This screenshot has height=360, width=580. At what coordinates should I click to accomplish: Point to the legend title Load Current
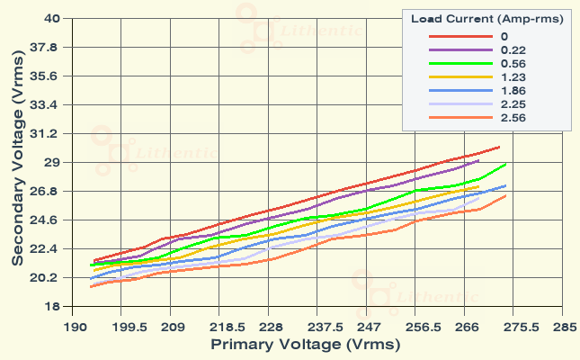(487, 18)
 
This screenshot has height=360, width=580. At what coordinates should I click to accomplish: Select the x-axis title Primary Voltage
(291, 344)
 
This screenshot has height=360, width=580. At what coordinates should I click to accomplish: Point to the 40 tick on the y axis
(51, 18)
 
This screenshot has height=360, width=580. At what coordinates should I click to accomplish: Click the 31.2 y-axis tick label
(47, 133)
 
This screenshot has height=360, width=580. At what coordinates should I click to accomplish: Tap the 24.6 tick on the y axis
(47, 220)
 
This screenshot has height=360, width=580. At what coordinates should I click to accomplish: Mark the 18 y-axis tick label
(51, 306)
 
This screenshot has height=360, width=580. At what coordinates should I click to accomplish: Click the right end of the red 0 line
(499, 146)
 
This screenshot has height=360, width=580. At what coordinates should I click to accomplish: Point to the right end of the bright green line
(506, 165)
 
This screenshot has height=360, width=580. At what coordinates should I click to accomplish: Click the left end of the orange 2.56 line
(91, 286)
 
